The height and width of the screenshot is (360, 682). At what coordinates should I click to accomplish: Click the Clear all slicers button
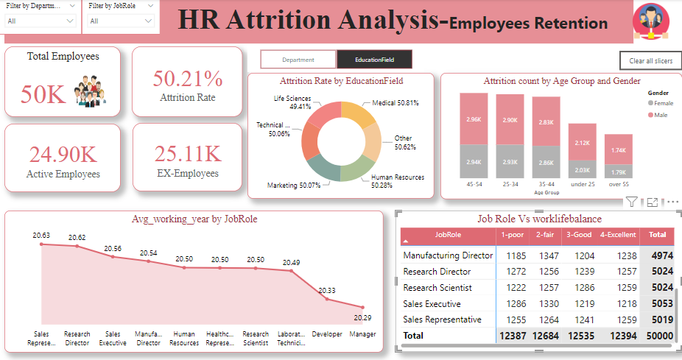coord(650,60)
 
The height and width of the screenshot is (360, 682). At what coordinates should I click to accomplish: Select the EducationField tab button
coord(374,60)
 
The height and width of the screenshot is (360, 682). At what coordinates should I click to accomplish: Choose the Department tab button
coord(298,60)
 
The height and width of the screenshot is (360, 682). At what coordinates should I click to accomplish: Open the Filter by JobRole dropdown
coord(121,21)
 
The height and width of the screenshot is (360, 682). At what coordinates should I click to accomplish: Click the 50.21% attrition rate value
coord(187,79)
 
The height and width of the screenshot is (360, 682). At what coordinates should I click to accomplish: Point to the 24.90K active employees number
coord(63,155)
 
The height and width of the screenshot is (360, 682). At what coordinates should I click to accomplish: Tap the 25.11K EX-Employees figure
coord(187,154)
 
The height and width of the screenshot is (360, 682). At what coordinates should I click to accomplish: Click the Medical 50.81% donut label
coord(395,104)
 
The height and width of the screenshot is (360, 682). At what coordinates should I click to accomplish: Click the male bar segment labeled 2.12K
coord(583,142)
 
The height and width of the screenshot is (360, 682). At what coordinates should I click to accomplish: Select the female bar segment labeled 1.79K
coord(619,172)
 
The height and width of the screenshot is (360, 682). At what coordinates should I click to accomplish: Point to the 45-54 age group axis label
coord(474,185)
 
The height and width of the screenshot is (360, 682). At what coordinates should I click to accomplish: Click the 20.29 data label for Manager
coord(362,317)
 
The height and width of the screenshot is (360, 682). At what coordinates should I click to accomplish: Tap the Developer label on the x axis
coord(327,333)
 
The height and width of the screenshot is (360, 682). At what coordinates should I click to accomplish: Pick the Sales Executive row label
coord(432,303)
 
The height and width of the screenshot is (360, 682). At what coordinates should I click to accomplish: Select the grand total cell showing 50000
coord(660,336)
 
